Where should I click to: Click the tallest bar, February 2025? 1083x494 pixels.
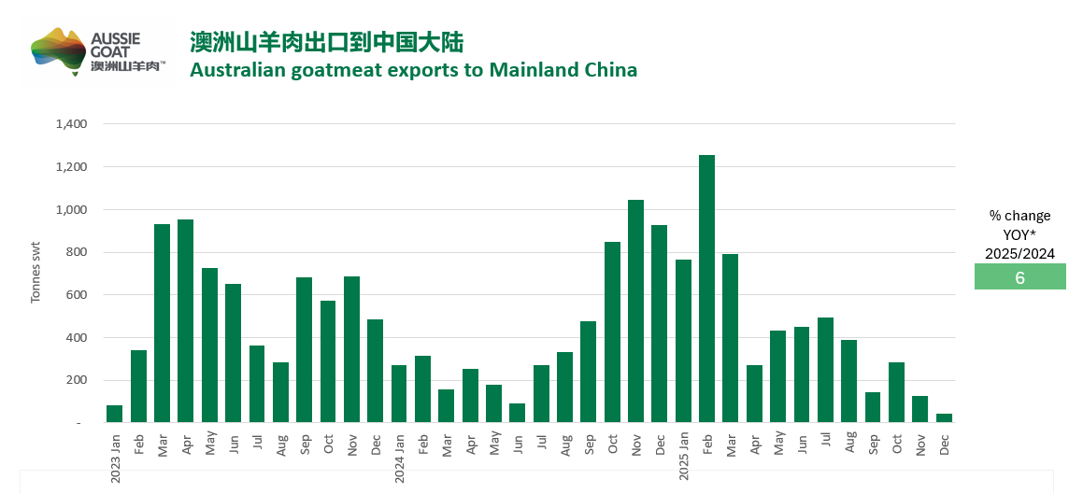click(706, 289)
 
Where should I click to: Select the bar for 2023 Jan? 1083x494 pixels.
click(115, 414)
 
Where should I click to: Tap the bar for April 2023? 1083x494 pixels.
click(186, 321)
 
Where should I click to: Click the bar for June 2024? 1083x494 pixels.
click(517, 413)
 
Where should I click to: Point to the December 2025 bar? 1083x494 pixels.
click(944, 417)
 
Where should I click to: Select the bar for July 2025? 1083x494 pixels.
click(825, 370)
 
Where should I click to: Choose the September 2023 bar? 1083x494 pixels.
click(304, 350)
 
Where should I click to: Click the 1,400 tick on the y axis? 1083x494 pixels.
click(71, 124)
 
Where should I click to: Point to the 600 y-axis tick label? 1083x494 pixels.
click(78, 295)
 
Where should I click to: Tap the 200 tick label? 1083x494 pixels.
click(78, 380)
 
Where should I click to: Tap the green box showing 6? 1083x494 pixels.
click(1019, 277)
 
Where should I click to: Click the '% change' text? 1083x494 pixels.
click(1019, 216)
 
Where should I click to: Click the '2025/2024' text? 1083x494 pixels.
click(1019, 253)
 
